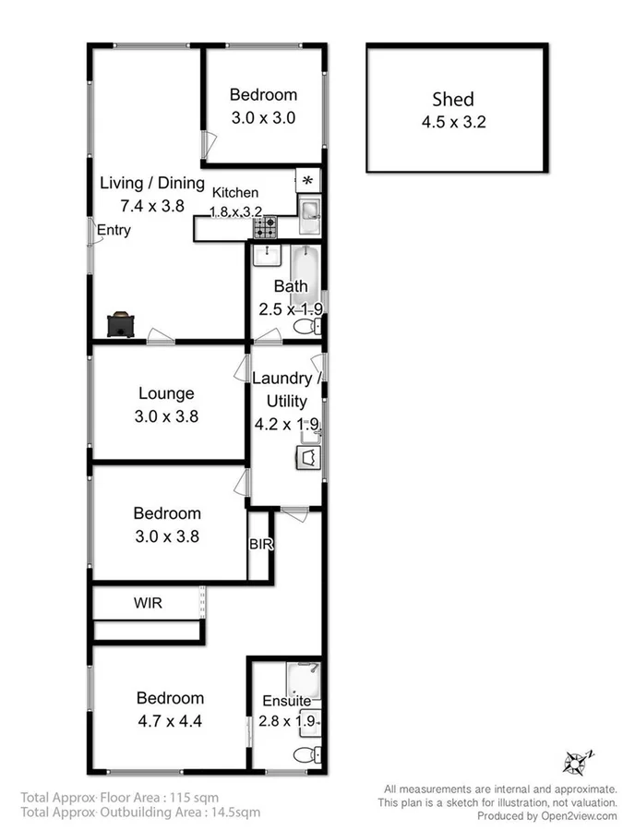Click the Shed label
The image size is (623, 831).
(453, 100)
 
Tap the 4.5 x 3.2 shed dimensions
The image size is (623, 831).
(453, 120)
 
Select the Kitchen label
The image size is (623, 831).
(235, 192)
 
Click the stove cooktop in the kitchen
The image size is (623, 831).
(266, 224)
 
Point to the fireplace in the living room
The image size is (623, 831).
(122, 325)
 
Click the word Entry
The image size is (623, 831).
(113, 230)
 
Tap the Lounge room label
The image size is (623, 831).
(166, 394)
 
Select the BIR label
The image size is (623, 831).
(260, 545)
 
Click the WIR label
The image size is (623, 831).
(148, 603)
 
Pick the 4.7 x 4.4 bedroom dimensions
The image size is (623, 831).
(170, 720)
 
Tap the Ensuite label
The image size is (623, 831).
(286, 702)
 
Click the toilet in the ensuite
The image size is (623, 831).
(304, 756)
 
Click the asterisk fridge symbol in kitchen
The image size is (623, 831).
(308, 180)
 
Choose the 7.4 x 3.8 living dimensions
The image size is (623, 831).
(151, 206)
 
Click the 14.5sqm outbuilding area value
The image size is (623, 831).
(235, 813)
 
